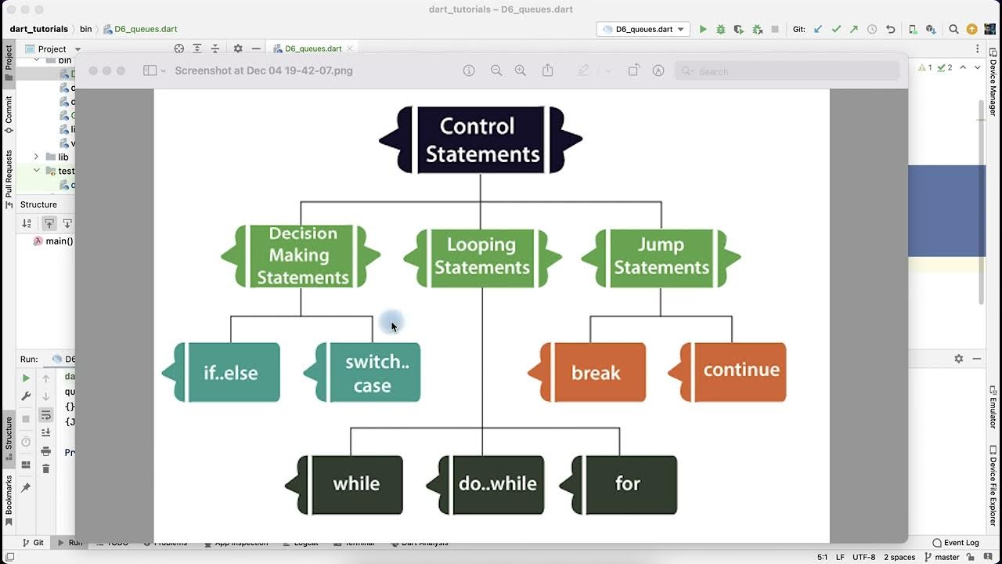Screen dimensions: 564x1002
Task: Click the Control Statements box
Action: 481,140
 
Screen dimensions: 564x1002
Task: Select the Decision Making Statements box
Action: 302,256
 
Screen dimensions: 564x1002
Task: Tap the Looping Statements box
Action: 481,256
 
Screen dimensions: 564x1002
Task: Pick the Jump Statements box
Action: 661,256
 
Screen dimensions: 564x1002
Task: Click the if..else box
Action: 229,373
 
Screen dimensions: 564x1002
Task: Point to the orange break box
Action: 595,373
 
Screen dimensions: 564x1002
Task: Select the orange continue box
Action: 740,371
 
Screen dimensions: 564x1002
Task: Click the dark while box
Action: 355,484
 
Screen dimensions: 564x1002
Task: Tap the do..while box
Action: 496,484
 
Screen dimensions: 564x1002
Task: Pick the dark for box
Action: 627,484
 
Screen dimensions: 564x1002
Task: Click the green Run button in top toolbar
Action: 703,29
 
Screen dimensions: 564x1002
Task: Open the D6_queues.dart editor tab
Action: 312,49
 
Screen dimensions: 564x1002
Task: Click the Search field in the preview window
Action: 787,71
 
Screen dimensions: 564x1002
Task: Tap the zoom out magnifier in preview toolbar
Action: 496,70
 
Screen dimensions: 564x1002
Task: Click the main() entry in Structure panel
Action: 59,241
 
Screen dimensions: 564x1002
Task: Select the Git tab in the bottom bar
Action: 33,543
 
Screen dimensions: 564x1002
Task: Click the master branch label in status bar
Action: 946,557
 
